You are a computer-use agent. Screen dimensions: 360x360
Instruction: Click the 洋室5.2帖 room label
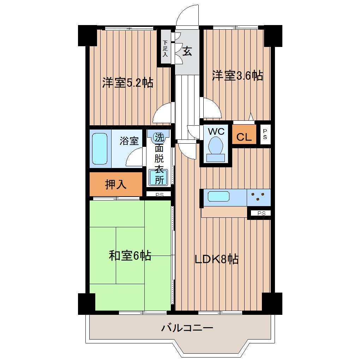127,83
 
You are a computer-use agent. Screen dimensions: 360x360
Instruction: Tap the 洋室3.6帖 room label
237,76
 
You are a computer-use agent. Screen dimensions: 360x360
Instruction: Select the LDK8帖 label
217,259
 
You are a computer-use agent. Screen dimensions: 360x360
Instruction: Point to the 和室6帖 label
130,256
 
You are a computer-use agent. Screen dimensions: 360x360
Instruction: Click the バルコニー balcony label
187,328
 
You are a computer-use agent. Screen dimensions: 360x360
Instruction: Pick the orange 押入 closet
116,184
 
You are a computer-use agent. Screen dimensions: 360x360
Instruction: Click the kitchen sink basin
219,196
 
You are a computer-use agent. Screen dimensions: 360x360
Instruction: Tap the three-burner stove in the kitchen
258,197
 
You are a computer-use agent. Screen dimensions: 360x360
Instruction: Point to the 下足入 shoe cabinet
166,48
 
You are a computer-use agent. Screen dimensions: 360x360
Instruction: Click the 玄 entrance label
187,52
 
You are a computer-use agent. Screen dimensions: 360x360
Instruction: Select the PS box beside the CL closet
265,134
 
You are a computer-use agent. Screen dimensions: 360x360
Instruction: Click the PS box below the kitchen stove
261,213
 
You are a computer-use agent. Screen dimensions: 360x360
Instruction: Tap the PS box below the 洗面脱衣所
159,194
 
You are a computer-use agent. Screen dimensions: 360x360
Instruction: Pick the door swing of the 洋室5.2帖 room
163,112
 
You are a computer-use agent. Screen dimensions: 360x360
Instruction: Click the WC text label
216,132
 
